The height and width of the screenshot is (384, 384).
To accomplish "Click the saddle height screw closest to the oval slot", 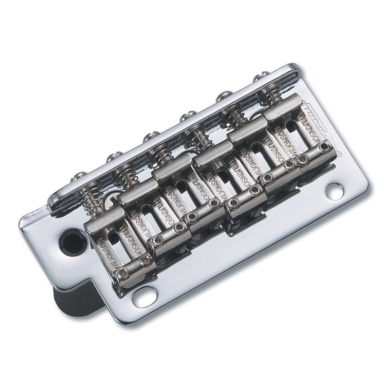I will point(123,273).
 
